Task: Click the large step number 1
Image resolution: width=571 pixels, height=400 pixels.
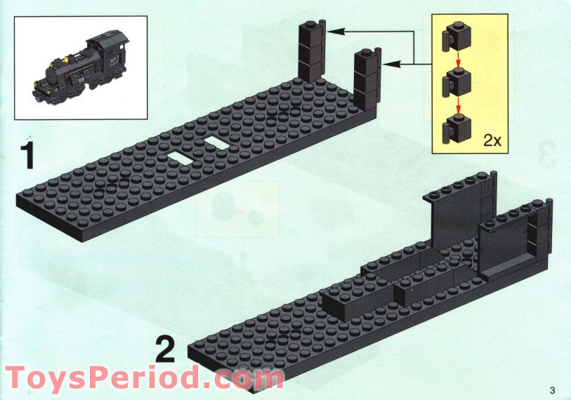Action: click(27, 155)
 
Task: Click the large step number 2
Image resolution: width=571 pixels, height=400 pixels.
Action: click(164, 349)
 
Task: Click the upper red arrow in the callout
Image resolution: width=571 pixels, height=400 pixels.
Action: click(458, 60)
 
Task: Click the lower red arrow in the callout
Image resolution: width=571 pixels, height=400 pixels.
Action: click(458, 108)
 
